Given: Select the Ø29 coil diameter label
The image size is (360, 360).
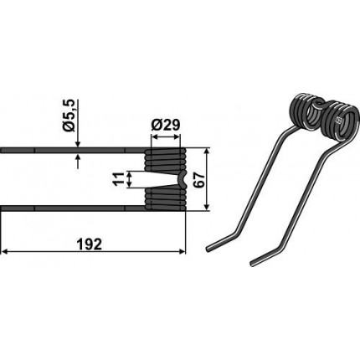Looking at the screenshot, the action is [x=165, y=126].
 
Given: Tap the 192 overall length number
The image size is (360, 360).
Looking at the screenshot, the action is [x=93, y=244].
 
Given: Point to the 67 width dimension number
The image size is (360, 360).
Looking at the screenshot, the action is [x=198, y=182].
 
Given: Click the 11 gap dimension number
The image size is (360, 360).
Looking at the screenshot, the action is [x=119, y=179].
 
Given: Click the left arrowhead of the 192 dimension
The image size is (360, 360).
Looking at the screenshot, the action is [x=4, y=252].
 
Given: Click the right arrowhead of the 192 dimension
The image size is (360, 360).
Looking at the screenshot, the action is [x=182, y=252].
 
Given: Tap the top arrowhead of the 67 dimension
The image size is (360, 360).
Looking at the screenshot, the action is [x=207, y=152].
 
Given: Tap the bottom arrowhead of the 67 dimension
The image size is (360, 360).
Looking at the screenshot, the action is [x=207, y=207].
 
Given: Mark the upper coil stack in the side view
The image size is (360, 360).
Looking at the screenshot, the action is [x=165, y=160].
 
